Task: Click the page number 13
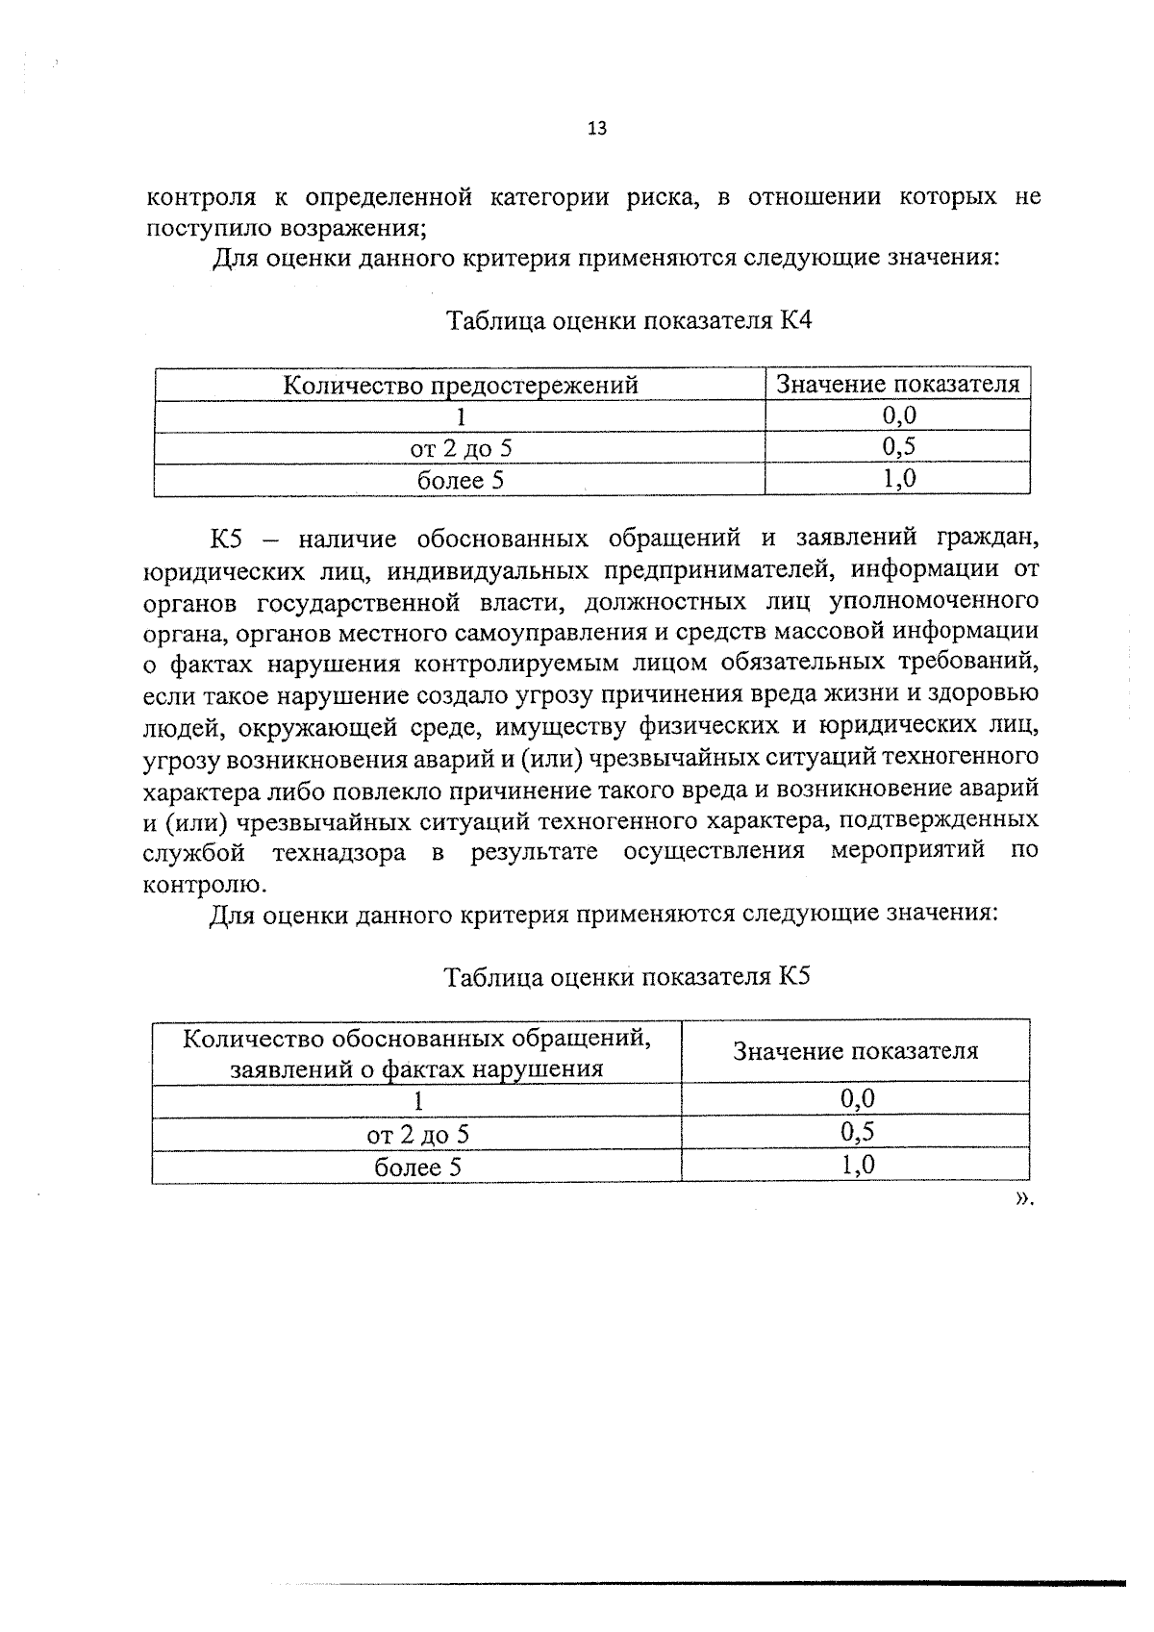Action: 596,129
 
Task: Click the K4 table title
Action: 629,320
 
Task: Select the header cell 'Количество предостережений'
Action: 460,386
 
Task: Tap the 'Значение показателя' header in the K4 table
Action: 897,385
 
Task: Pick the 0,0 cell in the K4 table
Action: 898,415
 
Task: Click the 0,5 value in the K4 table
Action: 898,447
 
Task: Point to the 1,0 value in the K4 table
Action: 898,479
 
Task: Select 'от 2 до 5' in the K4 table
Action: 461,448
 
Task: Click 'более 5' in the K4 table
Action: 460,480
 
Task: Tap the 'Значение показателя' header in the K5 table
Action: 855,1051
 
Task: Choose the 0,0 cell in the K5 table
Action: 856,1099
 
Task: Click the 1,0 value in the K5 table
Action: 856,1166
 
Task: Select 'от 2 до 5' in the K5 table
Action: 417,1135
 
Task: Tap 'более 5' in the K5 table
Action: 417,1168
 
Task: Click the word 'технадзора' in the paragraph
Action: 339,853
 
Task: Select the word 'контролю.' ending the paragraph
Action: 205,884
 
